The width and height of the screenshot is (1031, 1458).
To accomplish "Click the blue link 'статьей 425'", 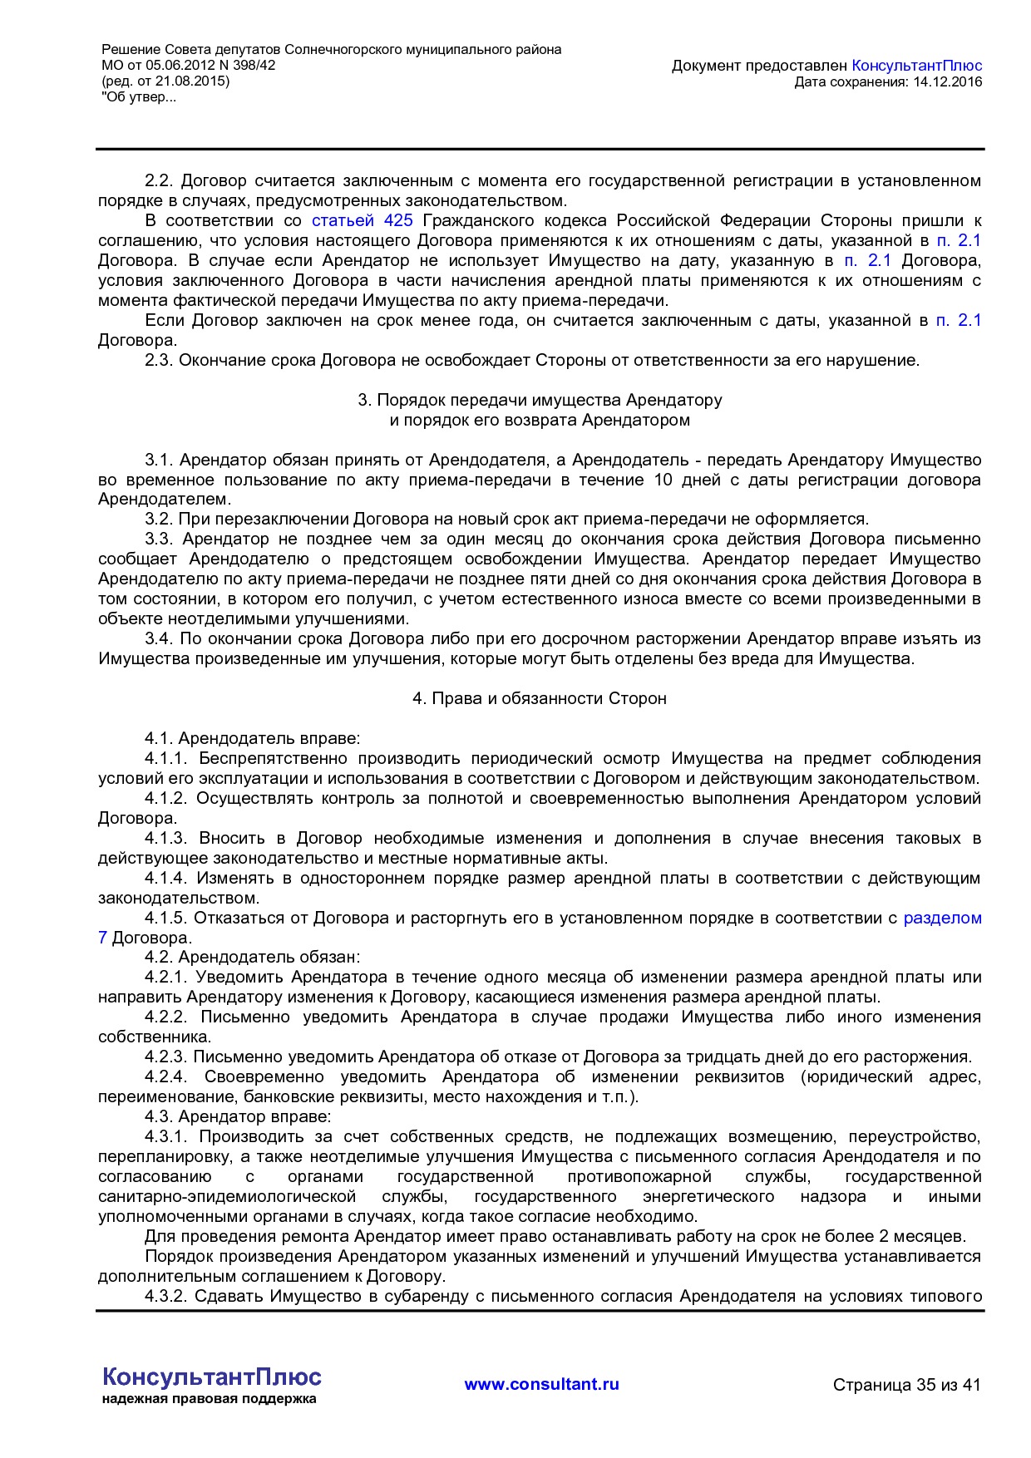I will click(x=362, y=221).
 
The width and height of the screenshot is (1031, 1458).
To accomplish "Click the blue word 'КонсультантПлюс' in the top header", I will click(x=917, y=66).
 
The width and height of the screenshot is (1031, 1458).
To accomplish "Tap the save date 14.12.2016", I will click(x=947, y=81).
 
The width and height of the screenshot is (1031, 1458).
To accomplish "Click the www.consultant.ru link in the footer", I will click(x=541, y=1384).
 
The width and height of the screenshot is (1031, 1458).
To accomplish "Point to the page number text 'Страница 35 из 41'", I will click(x=906, y=1385).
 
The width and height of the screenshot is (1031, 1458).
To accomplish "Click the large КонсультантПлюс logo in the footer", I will click(x=211, y=1377).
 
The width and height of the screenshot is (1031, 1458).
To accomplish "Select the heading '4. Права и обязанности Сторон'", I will click(x=540, y=699).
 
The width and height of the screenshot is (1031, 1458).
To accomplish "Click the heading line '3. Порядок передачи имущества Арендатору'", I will click(x=540, y=401).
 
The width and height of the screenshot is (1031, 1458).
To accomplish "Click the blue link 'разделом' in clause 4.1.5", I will click(x=942, y=919).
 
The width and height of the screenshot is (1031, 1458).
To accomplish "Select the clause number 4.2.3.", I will click(x=166, y=1057).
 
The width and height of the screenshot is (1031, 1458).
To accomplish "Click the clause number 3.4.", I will click(x=158, y=639).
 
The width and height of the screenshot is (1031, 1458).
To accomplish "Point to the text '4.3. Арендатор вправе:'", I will click(x=238, y=1117).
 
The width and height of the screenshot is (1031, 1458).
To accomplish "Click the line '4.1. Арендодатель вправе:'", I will click(x=252, y=739).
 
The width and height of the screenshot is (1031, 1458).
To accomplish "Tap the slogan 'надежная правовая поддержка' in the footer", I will click(x=209, y=1399).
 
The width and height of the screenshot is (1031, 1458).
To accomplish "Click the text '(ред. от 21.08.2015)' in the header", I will click(x=165, y=81).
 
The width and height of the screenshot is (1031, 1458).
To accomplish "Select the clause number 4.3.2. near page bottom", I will click(x=166, y=1297).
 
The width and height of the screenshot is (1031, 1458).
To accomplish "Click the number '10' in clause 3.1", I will click(x=663, y=480).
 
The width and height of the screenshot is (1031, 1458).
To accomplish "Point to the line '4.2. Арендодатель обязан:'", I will click(x=252, y=958).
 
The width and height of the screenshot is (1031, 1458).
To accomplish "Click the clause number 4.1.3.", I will click(x=166, y=839).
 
